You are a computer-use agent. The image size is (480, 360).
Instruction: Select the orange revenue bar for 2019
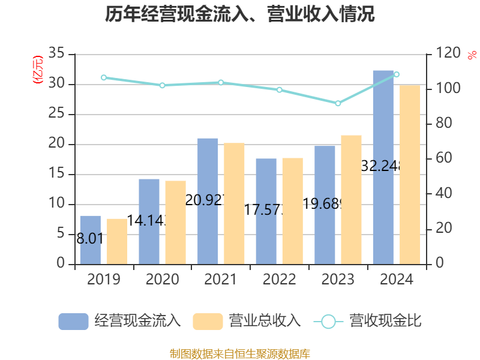coord(117,241)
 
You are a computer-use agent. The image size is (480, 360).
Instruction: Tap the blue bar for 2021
coord(208,201)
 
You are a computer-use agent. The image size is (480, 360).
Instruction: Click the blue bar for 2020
coord(149,221)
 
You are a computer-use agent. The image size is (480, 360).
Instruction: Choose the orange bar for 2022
coord(293,211)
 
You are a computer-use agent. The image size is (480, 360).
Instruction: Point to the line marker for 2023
coord(338,104)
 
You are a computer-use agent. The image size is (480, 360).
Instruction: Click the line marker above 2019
coord(104,77)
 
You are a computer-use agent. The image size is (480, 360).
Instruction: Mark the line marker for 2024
coord(396,74)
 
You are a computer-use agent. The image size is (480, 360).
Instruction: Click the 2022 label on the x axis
coord(280,280)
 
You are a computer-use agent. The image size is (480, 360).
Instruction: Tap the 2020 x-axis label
coord(162,280)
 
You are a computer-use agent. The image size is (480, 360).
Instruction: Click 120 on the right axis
coord(448,54)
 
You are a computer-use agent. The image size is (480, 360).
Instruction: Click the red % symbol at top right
coord(472,55)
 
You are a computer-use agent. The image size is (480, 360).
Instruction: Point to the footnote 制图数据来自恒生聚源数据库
coord(240,353)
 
